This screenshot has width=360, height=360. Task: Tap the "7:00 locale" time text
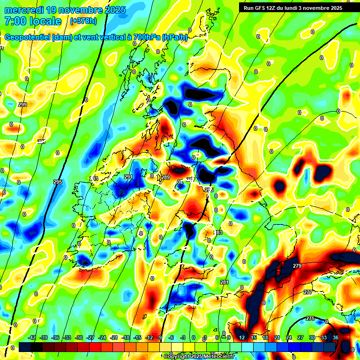33,22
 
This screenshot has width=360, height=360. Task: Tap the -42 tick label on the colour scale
32,337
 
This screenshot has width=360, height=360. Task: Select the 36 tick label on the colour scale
336,337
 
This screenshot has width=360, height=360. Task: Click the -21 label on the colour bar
113,337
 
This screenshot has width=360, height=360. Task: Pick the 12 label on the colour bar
242,337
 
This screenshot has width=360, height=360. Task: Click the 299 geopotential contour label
22,105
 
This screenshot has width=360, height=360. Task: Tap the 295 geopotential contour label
58,182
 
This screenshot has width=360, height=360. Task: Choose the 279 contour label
297,266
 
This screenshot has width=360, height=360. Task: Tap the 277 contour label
307,292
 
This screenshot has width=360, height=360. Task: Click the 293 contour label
94,179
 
